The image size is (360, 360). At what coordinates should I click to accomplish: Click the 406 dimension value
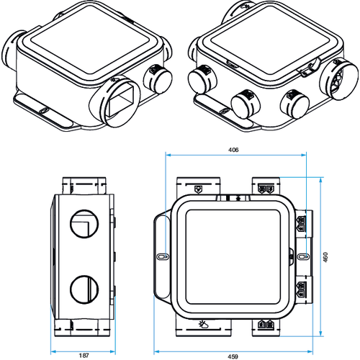[233, 150]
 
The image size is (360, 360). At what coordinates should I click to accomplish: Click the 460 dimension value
[325, 257]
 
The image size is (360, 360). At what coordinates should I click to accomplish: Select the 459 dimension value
[233, 356]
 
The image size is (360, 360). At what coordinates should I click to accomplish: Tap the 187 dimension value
[84, 356]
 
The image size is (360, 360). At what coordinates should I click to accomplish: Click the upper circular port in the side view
[84, 224]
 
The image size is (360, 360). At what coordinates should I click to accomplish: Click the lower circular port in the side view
[84, 289]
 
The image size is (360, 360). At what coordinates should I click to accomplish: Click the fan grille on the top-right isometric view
[337, 78]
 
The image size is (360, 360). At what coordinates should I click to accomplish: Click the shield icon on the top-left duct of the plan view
[198, 189]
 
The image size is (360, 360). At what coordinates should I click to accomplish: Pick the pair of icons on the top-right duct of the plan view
[266, 189]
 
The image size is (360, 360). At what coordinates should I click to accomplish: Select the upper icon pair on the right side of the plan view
[301, 223]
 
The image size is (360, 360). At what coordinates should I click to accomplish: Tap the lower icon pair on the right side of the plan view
[301, 289]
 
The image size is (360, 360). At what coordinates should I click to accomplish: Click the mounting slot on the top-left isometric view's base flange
[44, 111]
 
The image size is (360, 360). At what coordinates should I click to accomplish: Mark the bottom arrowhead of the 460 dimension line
[321, 333]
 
